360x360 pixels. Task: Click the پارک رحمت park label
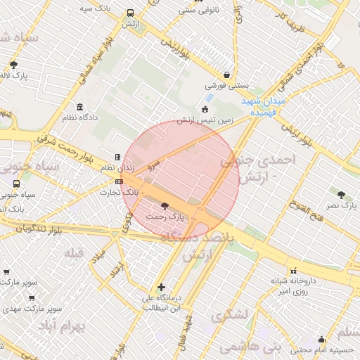pyautogui.click(x=165, y=217)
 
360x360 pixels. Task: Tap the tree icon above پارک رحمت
pyautogui.click(x=165, y=207)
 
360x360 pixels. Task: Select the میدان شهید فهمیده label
pyautogui.click(x=263, y=106)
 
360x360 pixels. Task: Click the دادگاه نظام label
pyautogui.click(x=79, y=117)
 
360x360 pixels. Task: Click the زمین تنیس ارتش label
pyautogui.click(x=205, y=120)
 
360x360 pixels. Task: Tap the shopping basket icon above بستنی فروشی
pyautogui.click(x=226, y=74)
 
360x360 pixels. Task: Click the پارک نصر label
pyautogui.click(x=341, y=205)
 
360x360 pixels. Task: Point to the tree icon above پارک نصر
pyautogui.click(x=341, y=194)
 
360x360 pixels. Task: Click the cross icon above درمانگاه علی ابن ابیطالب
pyautogui.click(x=162, y=287)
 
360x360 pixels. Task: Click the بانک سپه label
pyautogui.click(x=97, y=8)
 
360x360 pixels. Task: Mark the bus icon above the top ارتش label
pyautogui.click(x=130, y=13)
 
